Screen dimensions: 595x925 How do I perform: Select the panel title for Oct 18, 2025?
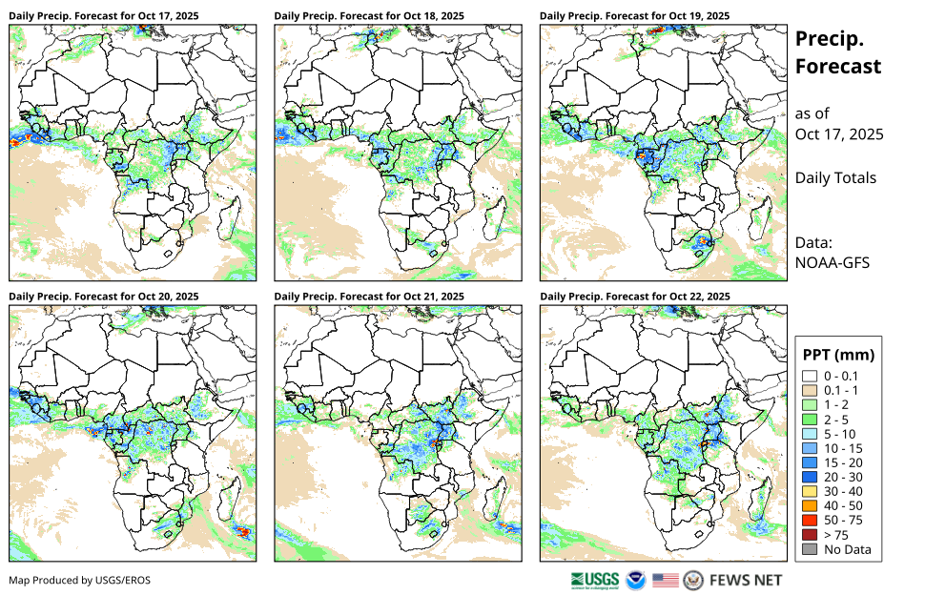click(x=369, y=16)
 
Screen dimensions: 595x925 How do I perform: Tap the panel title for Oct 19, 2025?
click(x=635, y=16)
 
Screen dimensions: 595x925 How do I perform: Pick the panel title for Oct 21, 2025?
click(x=369, y=297)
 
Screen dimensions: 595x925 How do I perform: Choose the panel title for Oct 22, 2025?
click(x=635, y=297)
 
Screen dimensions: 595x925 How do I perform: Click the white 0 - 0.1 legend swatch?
click(x=810, y=376)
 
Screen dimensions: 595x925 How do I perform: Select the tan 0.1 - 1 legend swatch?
click(x=810, y=390)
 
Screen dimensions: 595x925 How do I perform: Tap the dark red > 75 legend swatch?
click(x=810, y=535)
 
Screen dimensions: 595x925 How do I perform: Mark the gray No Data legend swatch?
click(x=810, y=549)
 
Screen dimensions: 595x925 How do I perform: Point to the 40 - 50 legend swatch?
click(x=810, y=506)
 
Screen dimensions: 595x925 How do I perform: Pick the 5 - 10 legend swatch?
click(x=810, y=434)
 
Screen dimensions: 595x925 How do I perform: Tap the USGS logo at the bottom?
click(x=595, y=580)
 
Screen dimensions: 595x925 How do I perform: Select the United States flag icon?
click(x=666, y=580)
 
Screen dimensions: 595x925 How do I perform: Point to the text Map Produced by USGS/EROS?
click(x=79, y=580)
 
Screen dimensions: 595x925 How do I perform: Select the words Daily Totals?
click(x=835, y=177)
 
